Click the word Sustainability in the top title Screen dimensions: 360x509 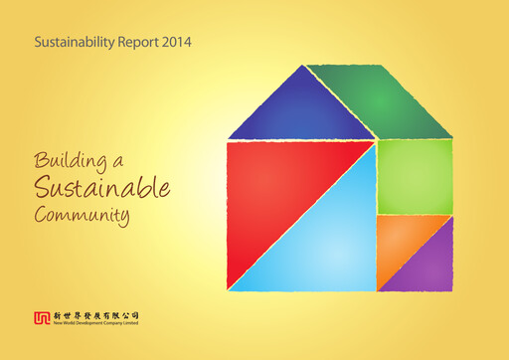73,44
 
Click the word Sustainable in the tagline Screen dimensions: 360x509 102,187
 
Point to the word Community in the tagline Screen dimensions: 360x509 82,214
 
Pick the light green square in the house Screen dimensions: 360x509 415,176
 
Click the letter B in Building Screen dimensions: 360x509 41,160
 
